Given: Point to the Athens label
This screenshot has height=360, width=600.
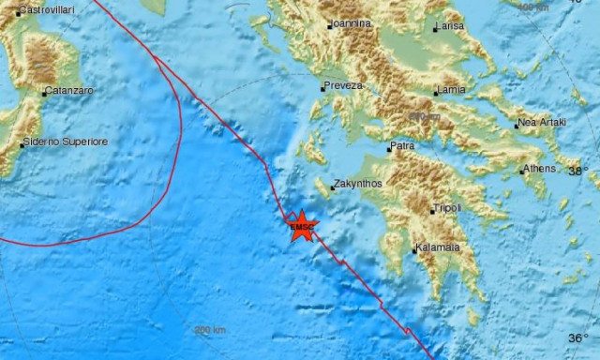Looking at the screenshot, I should [540, 169].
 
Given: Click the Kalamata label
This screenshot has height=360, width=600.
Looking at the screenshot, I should [438, 248].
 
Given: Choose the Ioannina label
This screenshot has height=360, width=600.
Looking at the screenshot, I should [352, 25].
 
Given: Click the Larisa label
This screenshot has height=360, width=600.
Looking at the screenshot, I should [451, 26].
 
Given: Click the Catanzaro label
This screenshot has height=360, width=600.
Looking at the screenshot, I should [68, 91].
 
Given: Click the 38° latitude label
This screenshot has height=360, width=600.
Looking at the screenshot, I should [577, 171].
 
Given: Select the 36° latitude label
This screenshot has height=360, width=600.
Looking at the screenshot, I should [578, 337].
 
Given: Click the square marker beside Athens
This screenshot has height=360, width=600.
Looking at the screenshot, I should [523, 172].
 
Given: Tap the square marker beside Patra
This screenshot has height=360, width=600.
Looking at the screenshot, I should [390, 148].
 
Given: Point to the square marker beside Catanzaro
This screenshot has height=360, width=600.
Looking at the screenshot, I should [43, 92].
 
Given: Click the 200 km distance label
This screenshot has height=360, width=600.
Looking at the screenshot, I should [210, 330].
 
